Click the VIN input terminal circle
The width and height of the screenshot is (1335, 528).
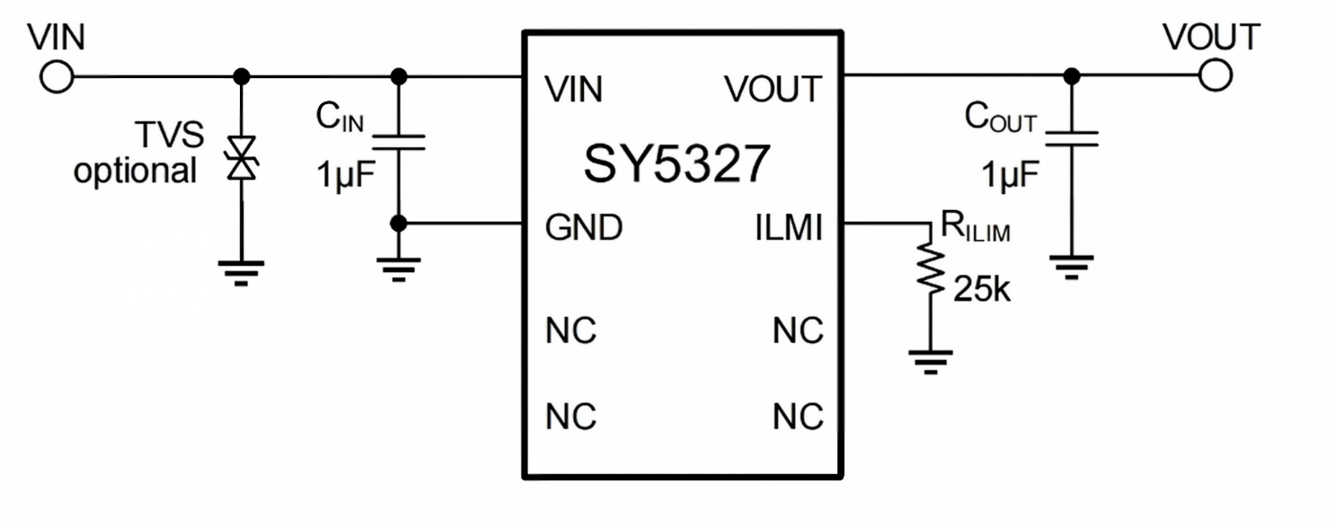click(x=57, y=76)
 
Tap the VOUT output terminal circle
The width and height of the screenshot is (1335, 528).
click(x=1216, y=75)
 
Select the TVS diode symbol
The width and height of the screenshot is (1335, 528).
click(x=242, y=158)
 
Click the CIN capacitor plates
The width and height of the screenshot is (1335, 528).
click(x=398, y=143)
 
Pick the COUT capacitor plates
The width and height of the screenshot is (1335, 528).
click(x=1072, y=139)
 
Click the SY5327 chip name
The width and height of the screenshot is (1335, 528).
click(x=676, y=163)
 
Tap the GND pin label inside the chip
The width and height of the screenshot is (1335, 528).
click(x=583, y=227)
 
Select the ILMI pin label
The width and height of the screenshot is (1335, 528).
click(x=789, y=227)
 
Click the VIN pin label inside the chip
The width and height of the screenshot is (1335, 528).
click(x=573, y=89)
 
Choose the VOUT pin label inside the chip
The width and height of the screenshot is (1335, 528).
click(x=774, y=89)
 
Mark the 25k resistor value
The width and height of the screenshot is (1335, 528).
click(x=982, y=290)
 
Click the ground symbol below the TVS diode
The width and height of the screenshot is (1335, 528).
click(x=241, y=273)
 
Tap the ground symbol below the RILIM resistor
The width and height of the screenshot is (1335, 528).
click(x=931, y=363)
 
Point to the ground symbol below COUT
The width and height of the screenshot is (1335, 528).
click(x=1072, y=268)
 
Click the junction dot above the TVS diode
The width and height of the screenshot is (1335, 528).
click(x=242, y=76)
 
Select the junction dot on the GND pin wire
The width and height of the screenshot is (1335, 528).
click(x=398, y=224)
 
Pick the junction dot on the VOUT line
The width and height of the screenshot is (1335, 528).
click(x=1072, y=75)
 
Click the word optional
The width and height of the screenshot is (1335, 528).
click(x=135, y=172)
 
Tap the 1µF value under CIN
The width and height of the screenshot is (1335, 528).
click(x=346, y=174)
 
